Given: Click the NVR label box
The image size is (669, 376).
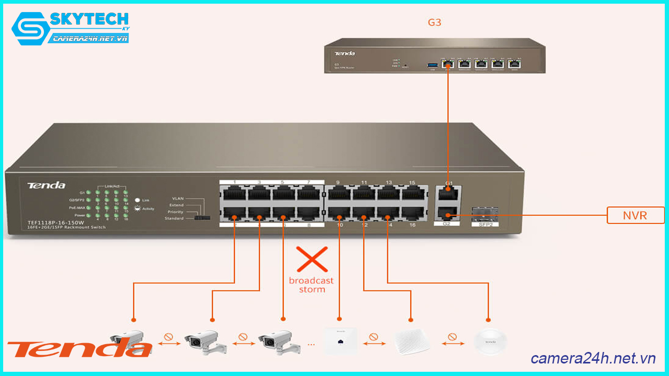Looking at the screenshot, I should point(635,215).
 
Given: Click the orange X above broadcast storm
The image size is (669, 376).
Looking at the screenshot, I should point(312,259).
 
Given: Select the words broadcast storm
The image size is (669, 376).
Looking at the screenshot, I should point(312,285).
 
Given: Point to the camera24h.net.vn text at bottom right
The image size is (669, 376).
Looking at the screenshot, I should point(593,358).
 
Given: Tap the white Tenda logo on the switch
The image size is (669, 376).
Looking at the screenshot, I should point(47,185).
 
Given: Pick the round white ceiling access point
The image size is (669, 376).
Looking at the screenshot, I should point(490,342).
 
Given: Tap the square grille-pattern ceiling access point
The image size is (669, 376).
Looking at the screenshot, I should point(411,342).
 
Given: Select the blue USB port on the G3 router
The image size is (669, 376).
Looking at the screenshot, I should point(432,65).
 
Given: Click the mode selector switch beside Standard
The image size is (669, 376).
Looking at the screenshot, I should point(202,218).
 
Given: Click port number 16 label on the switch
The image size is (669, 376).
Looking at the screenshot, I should point(412,225).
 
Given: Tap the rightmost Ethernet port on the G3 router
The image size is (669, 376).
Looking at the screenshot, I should point(515,64).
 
